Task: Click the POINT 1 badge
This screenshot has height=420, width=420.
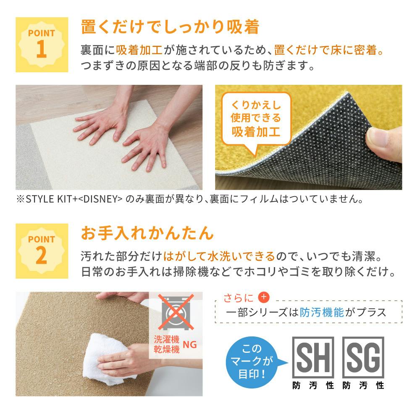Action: [42, 45]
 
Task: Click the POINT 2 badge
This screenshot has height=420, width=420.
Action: [42, 251]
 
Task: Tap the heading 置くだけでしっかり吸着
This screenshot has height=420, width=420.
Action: [170, 27]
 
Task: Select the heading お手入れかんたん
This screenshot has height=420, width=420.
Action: [147, 233]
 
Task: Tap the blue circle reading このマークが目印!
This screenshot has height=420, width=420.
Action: [252, 362]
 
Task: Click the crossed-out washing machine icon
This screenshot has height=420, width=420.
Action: [176, 312]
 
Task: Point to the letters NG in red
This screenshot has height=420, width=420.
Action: [190, 344]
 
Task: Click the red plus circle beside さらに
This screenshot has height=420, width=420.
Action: [264, 297]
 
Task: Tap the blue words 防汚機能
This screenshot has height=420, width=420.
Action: [321, 312]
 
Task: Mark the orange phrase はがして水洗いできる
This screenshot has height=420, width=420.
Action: [219, 256]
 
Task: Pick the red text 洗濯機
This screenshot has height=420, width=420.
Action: [167, 339]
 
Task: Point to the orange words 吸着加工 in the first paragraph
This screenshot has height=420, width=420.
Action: [139, 50]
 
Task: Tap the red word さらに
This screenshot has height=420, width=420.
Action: [239, 298]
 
